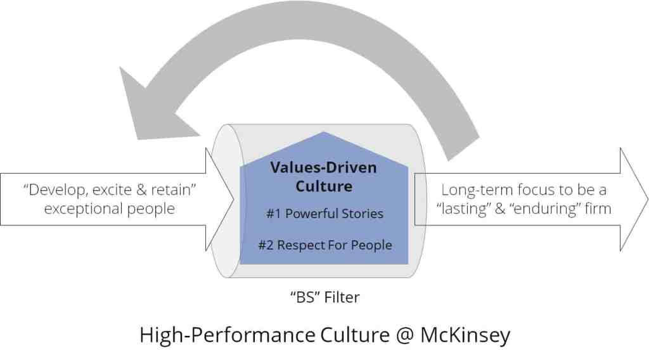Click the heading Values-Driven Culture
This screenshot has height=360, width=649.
[x=323, y=177]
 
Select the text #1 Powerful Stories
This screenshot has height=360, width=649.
[x=324, y=214]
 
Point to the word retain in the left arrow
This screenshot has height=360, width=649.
[x=177, y=190]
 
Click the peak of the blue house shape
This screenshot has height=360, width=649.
[x=323, y=133]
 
